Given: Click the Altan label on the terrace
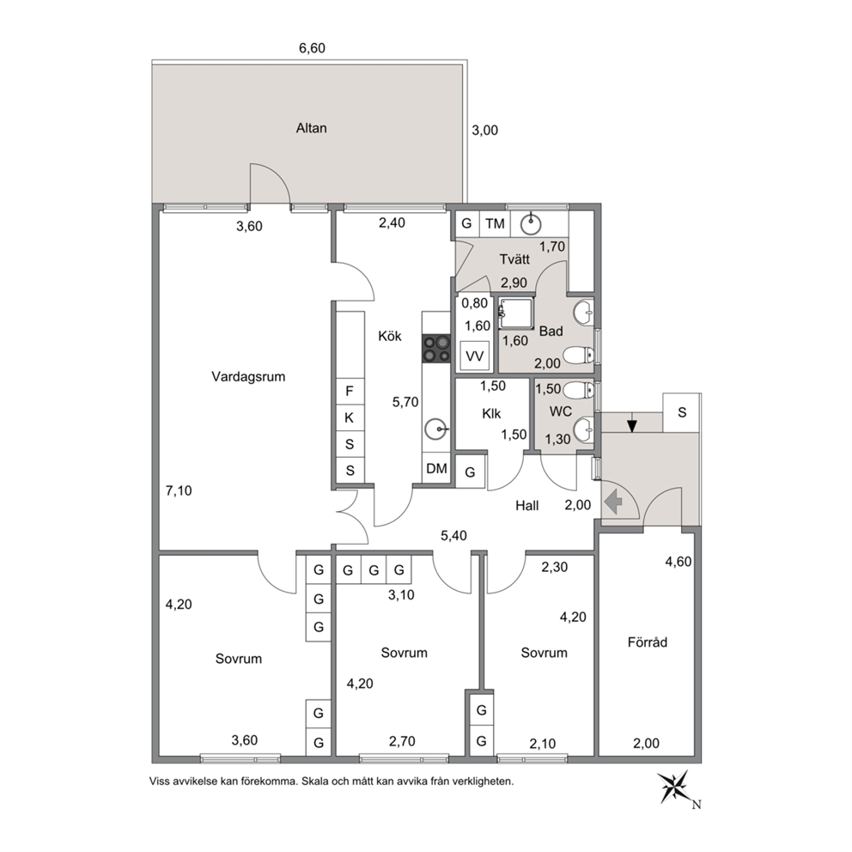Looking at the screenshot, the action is coord(312,128).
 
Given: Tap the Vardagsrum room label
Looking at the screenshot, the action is coord(248,376).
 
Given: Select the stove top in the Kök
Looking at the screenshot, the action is coord(436,349).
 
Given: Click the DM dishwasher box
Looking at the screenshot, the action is coord(436,468).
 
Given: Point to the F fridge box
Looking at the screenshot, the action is coord(350,391).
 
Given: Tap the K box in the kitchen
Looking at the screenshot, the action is coord(350,418).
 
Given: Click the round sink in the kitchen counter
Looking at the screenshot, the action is coord(435,429).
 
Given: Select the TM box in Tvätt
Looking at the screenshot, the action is coord(495,223).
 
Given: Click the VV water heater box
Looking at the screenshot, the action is coord(474,356).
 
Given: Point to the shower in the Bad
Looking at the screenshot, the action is coord(516,313).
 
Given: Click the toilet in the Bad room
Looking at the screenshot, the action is coord(579,356).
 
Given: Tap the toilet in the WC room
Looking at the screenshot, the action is coord(579,390).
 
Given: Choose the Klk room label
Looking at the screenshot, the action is coord(491,413).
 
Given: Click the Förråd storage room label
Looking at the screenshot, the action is coord(647,642).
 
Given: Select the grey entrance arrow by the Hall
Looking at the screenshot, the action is coord(613,502).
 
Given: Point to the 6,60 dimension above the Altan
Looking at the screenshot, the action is coord(312,48).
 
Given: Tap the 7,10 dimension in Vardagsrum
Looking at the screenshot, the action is coord(179,490).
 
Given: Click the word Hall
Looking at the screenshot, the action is coord(527,506).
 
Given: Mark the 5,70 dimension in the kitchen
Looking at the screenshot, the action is coord(405,402).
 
